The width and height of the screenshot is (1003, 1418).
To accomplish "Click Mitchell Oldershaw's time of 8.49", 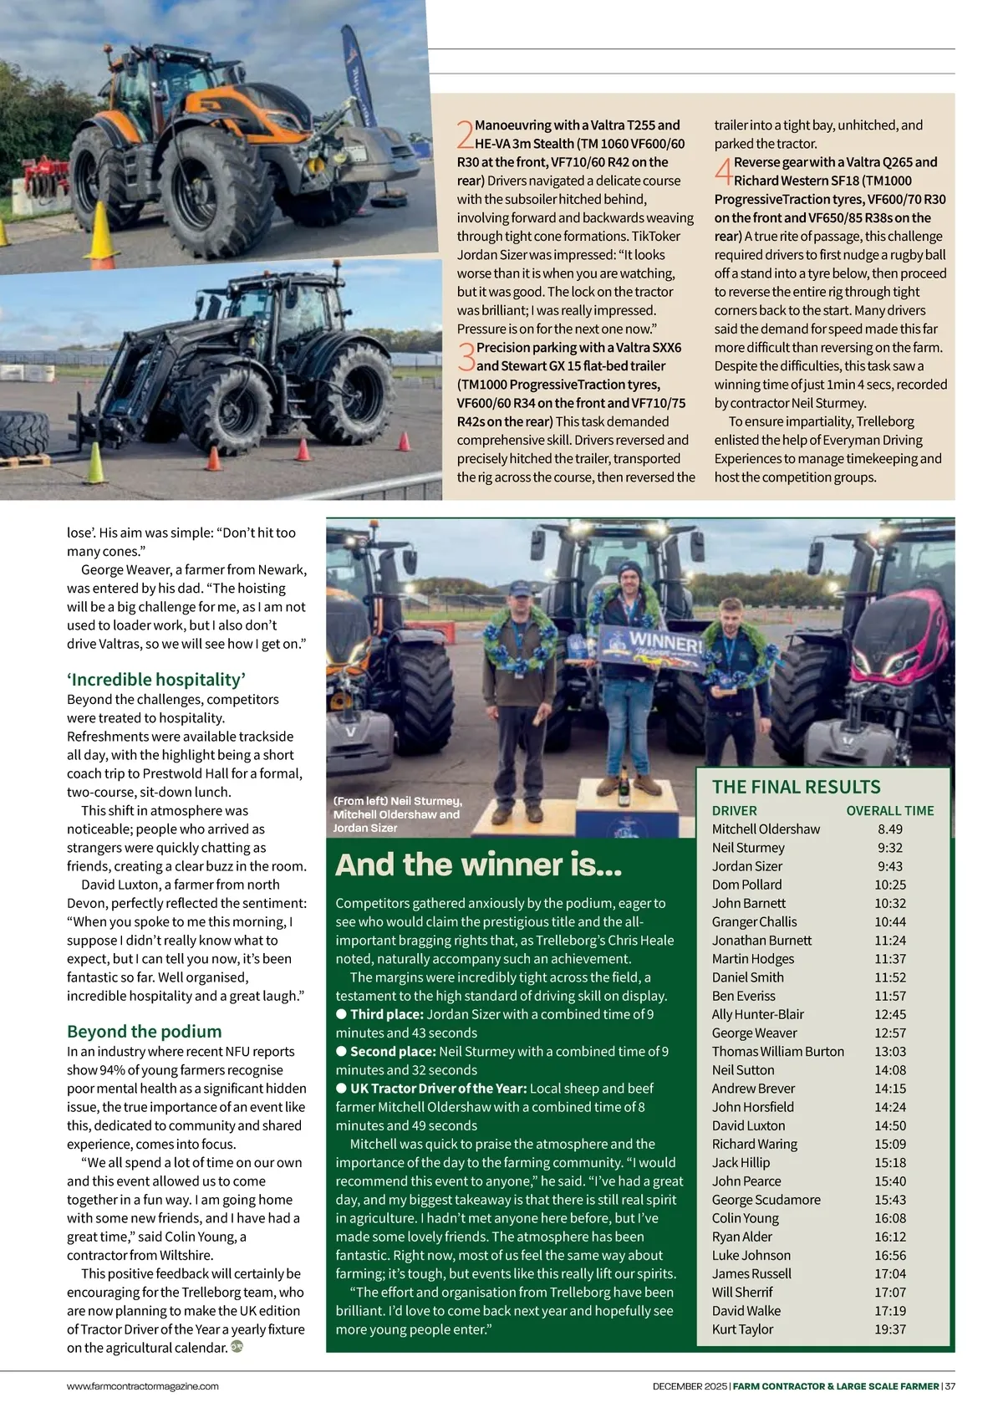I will (889, 829).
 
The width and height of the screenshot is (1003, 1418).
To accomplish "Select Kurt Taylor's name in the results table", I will (742, 1329).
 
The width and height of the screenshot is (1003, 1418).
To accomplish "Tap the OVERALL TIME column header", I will (889, 811).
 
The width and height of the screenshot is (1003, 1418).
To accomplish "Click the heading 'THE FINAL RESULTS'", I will (796, 787).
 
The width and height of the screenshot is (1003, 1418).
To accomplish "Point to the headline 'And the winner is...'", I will (479, 865).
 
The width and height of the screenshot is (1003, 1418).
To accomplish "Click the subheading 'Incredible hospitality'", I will (156, 680).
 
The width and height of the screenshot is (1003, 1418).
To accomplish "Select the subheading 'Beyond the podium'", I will (145, 1032).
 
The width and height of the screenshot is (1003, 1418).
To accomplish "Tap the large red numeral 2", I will (466, 135).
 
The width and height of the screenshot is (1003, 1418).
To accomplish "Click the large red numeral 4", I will (723, 171).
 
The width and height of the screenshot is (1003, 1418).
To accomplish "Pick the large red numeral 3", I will (466, 357).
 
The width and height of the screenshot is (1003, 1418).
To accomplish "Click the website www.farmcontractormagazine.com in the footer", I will (143, 1386).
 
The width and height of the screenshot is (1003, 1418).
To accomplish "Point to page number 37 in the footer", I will (950, 1386).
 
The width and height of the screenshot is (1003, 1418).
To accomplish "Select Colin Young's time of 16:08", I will (890, 1218).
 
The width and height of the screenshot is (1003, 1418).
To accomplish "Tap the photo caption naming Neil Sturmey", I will (397, 814).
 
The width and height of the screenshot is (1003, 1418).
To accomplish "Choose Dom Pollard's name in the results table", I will (746, 885).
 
